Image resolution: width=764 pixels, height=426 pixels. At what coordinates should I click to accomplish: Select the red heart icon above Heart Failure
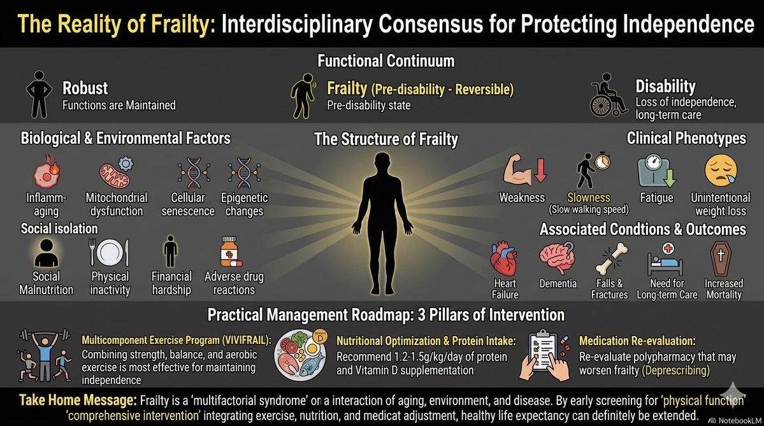tap(505, 261)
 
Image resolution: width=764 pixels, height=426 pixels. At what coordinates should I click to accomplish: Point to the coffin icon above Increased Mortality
tap(723, 260)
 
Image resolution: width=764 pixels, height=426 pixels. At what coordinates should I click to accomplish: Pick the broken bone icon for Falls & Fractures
tap(609, 261)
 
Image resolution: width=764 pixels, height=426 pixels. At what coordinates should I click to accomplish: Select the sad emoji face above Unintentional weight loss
tap(721, 171)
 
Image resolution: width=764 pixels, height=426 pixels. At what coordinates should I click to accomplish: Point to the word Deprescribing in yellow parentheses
tap(680, 371)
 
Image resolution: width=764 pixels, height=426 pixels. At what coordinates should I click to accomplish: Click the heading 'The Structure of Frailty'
tap(386, 139)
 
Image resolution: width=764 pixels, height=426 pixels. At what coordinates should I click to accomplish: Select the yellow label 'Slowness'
tap(589, 198)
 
